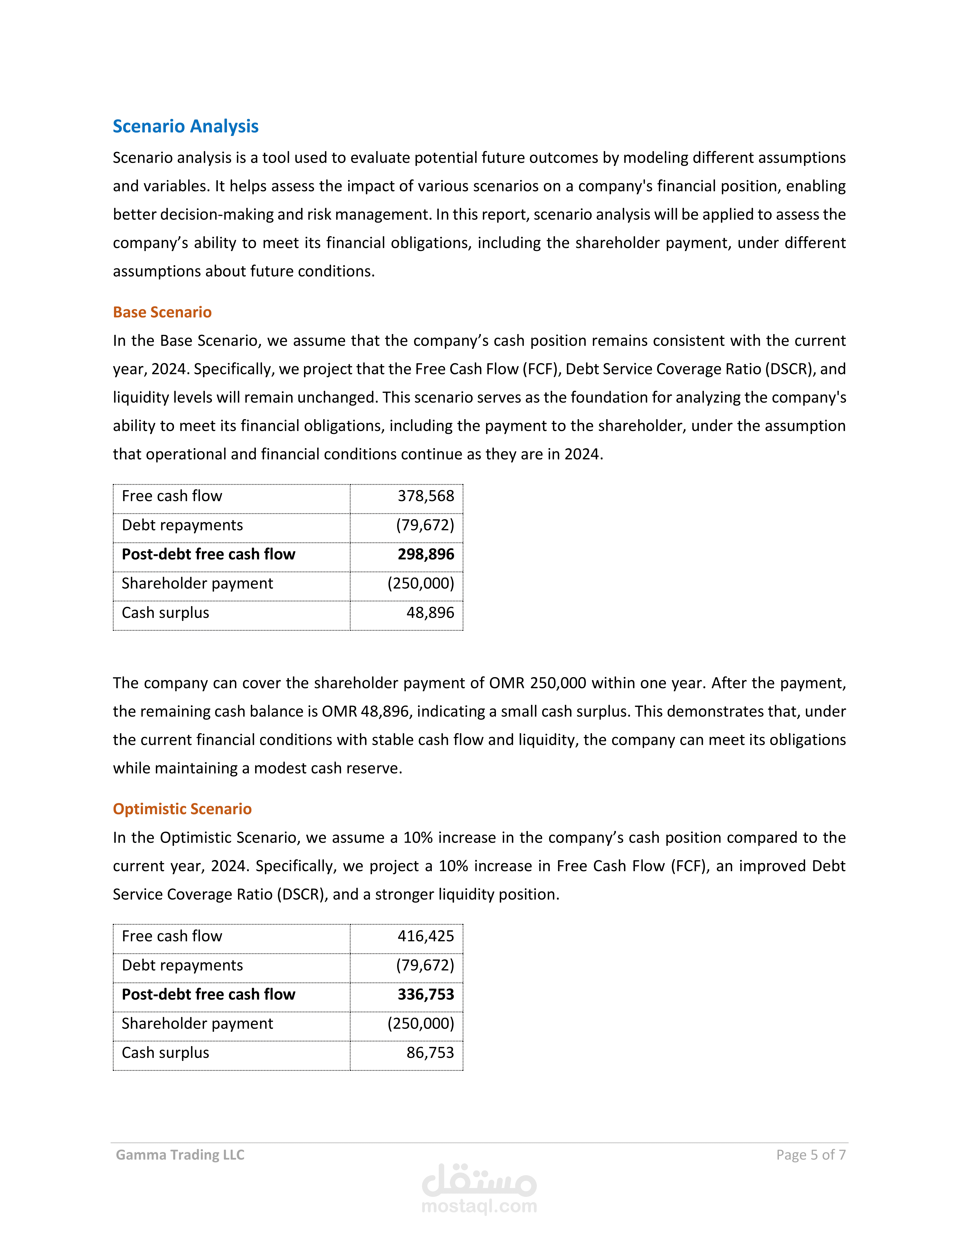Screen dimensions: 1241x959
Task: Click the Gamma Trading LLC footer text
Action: [180, 1155]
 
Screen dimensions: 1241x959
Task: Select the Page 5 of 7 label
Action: [811, 1155]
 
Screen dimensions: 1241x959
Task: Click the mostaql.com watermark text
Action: [479, 1206]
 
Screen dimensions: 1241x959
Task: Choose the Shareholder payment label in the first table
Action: [197, 584]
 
